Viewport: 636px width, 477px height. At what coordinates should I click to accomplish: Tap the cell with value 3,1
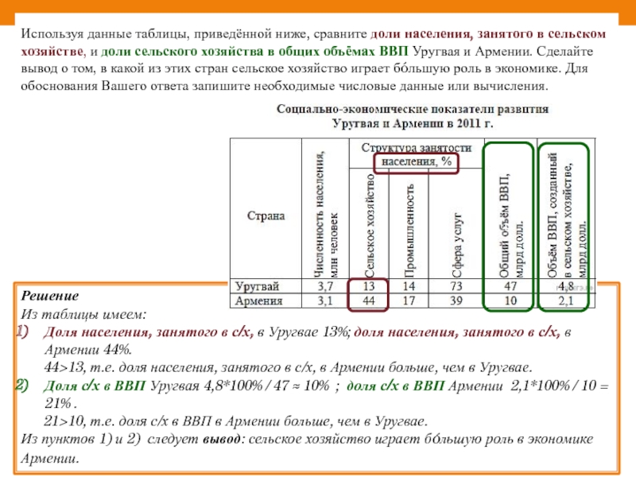coord(325,301)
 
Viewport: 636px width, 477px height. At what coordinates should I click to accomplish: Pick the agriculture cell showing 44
coord(369,301)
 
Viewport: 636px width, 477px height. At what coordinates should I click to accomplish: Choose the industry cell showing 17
coord(409,301)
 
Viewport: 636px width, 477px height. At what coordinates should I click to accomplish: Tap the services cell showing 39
coord(455,301)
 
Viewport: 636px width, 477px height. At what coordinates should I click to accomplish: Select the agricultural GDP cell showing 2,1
coord(566,301)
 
